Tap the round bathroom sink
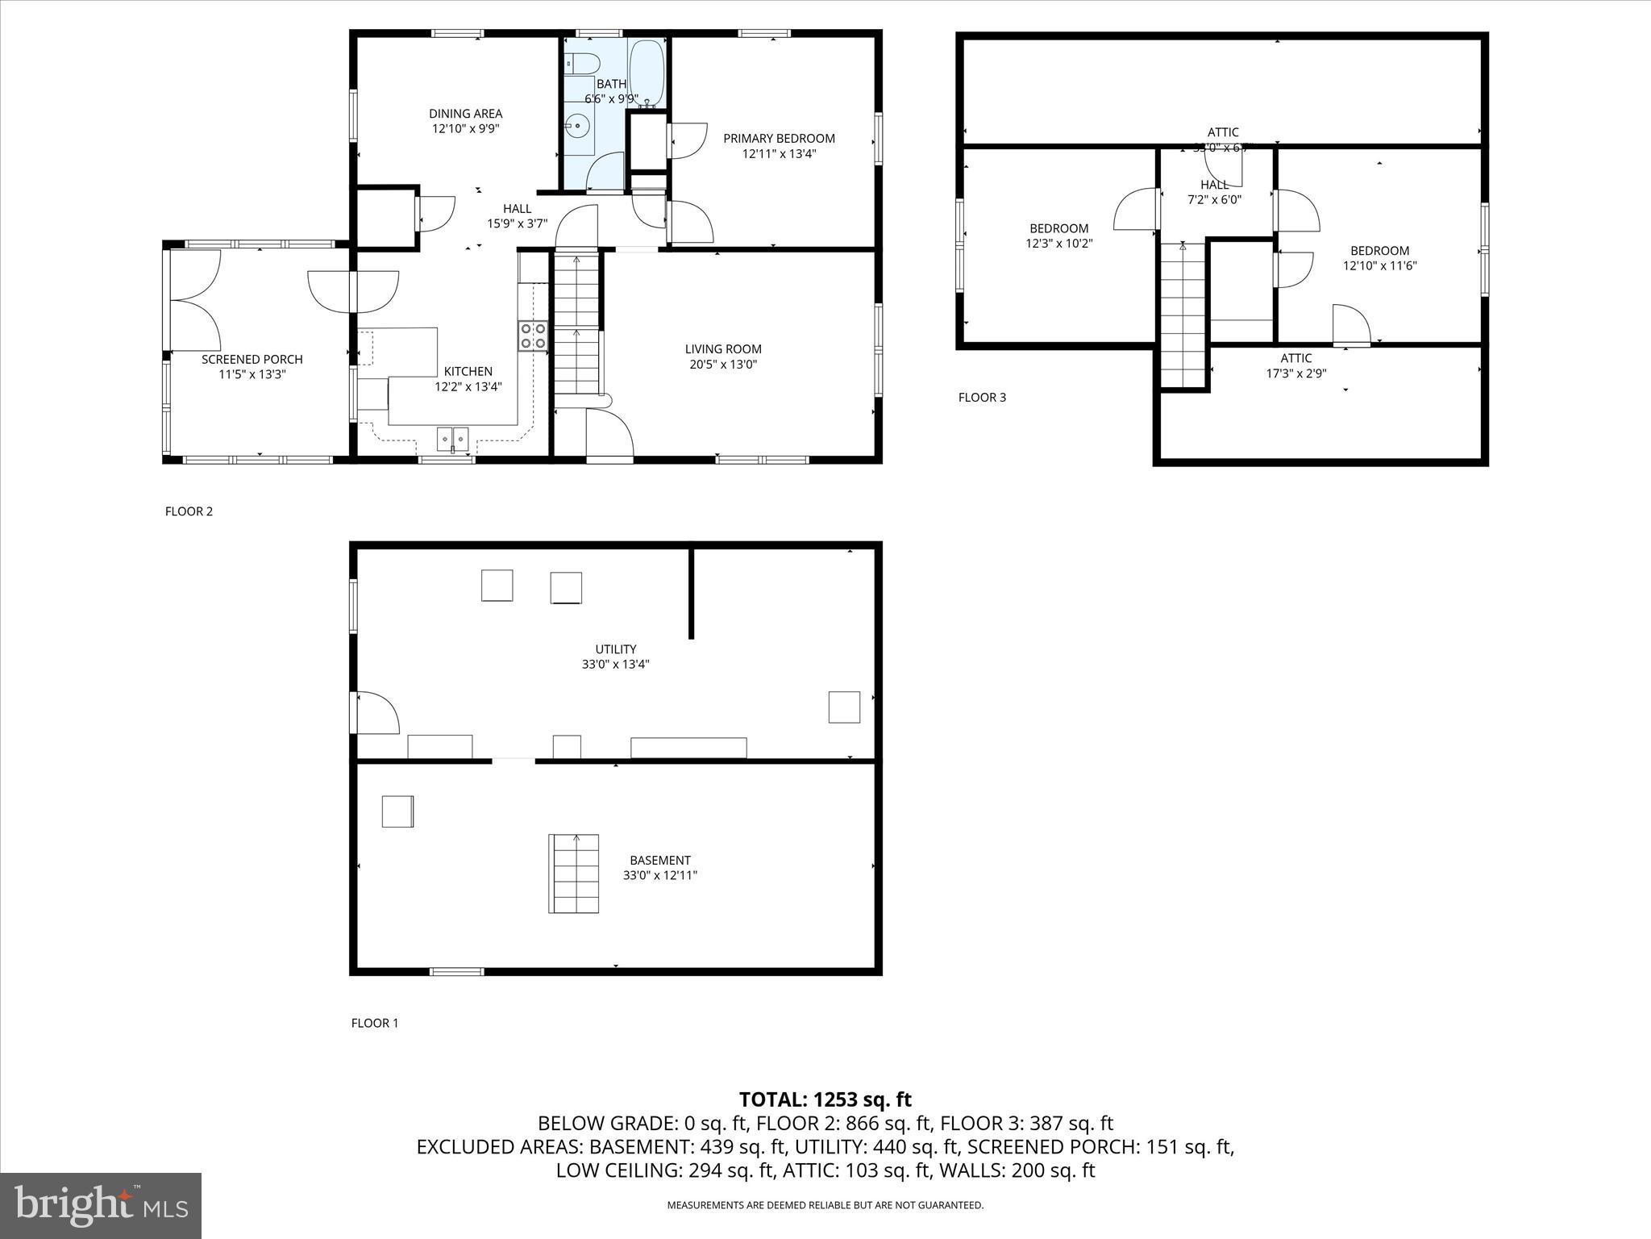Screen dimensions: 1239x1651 (577, 126)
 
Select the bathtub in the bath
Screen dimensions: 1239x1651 (647, 73)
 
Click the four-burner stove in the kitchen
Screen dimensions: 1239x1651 (532, 336)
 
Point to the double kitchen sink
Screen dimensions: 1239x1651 (453, 439)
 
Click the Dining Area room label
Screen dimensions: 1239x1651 (465, 114)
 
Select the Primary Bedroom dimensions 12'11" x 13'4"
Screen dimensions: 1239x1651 (779, 153)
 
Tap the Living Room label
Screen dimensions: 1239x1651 (723, 349)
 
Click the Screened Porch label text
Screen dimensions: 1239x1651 (252, 360)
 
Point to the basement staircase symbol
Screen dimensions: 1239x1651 (574, 874)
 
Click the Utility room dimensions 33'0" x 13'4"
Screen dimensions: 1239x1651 (616, 665)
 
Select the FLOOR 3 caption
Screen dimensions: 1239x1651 (982, 397)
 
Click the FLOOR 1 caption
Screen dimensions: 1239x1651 (375, 1023)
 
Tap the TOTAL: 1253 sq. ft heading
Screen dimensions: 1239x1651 (825, 1099)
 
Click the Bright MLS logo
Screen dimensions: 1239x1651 (101, 1205)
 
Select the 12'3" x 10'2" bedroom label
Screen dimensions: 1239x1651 (1059, 243)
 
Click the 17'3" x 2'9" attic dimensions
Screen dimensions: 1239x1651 (1296, 373)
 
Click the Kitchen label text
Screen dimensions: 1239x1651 (468, 372)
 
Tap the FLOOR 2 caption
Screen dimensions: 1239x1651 (189, 511)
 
